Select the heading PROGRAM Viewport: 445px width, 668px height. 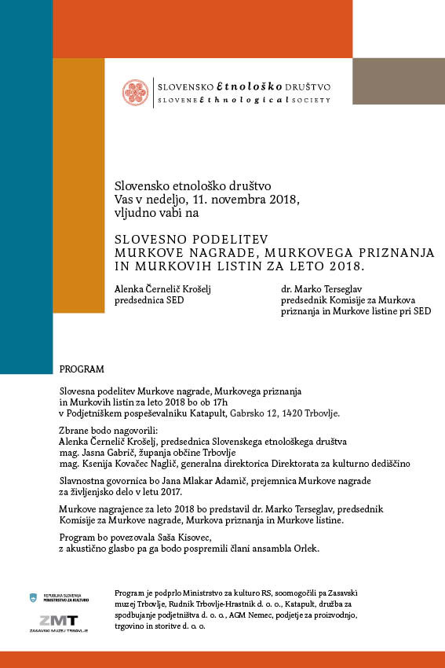click(81, 369)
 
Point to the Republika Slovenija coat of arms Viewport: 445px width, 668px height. click(34, 599)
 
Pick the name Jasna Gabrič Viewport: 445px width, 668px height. click(110, 453)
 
